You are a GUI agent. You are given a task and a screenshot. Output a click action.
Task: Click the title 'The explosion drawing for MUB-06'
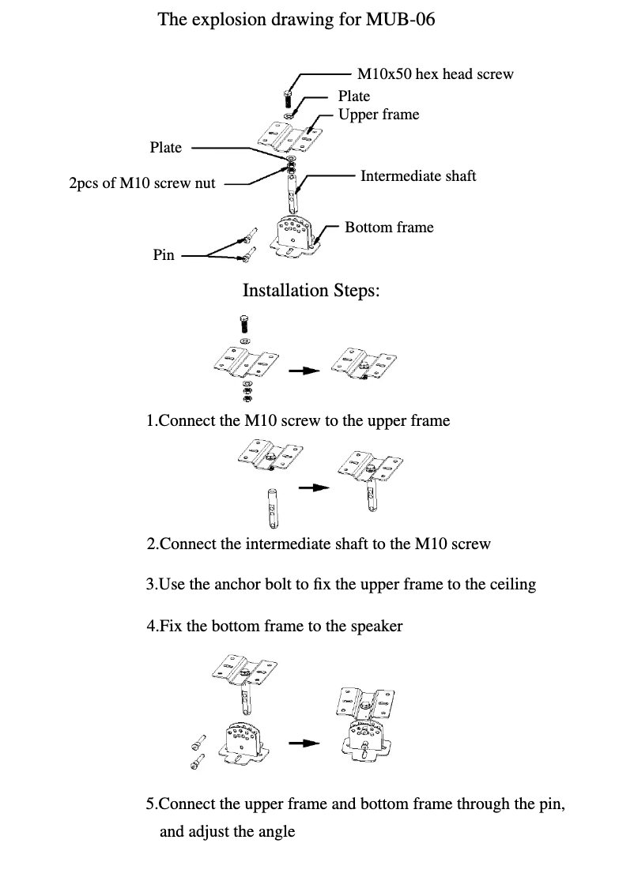(296, 19)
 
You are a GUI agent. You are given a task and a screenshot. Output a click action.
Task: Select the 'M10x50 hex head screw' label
(435, 74)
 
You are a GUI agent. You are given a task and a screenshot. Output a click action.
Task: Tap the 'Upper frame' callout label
(379, 115)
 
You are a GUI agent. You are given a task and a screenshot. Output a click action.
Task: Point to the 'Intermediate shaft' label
(418, 175)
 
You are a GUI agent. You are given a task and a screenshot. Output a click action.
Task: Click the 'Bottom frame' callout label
(389, 228)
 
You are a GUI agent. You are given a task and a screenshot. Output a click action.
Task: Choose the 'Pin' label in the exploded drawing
(163, 255)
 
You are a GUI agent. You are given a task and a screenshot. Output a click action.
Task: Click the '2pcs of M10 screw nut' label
(142, 183)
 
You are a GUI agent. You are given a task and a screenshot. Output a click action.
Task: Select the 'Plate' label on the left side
(165, 148)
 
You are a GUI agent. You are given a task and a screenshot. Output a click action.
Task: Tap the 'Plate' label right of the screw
(353, 96)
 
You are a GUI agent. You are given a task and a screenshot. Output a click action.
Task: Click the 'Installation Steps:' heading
(311, 291)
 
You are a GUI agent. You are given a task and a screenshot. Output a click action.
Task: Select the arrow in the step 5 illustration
(304, 743)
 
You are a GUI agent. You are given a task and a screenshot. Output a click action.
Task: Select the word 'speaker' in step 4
(375, 626)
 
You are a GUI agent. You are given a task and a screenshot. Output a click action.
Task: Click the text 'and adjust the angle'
(227, 832)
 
